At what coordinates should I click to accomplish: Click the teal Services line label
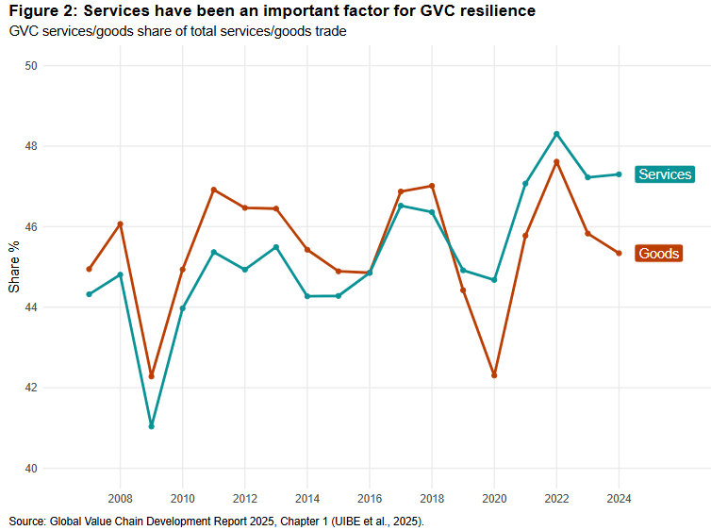tap(664, 174)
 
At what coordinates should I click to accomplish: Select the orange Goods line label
tap(658, 254)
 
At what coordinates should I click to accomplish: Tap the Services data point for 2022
tap(556, 134)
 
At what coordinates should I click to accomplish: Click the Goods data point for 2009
tap(151, 376)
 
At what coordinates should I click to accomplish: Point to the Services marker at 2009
tap(151, 426)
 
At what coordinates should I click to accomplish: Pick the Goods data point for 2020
tap(494, 375)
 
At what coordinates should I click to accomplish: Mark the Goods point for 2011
tap(213, 190)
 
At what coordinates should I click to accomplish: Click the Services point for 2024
tap(619, 174)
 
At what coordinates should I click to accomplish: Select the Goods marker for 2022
tap(556, 161)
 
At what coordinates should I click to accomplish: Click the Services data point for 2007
tap(89, 294)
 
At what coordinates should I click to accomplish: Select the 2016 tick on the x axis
tap(370, 498)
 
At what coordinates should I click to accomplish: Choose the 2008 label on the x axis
tap(120, 498)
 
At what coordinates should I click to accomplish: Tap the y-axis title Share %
tap(14, 267)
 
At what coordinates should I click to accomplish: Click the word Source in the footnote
tap(26, 521)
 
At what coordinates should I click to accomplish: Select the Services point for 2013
tap(275, 247)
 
